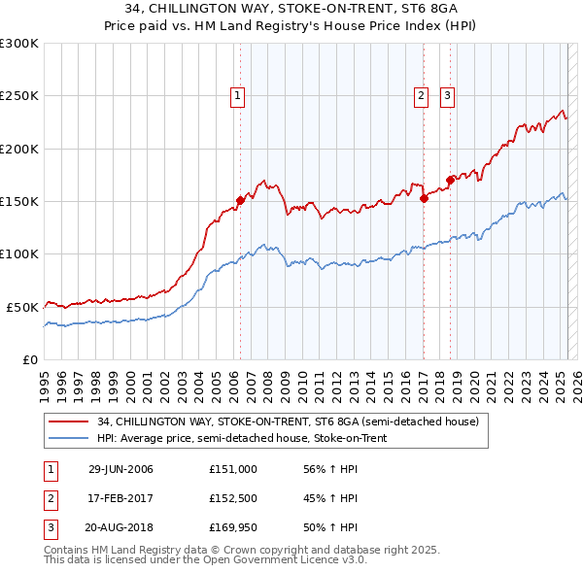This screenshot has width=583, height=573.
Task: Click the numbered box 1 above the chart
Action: [x=238, y=95]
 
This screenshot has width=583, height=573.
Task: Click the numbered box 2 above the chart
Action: [x=421, y=95]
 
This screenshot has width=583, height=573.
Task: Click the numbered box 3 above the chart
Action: [x=447, y=95]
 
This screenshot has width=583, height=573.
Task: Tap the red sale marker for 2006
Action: [x=240, y=200]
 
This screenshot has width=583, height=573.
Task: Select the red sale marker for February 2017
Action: [x=424, y=198]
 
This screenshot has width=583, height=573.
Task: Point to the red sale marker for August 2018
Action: [x=450, y=180]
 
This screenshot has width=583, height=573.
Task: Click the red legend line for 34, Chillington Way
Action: [x=69, y=422]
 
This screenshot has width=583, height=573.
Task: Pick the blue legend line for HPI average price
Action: [x=69, y=439]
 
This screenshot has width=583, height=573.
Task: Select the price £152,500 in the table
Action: [x=232, y=498]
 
